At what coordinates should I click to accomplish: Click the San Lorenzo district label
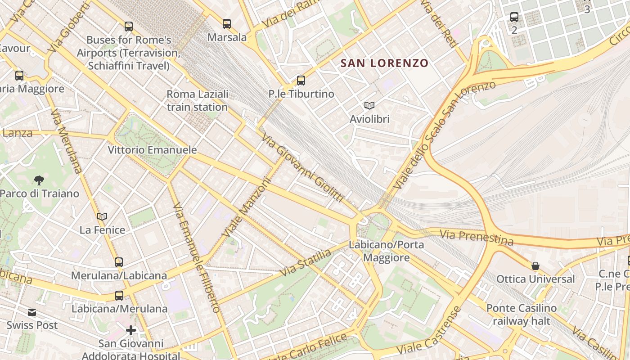pos(384,63)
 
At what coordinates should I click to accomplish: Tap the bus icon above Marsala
pos(227,23)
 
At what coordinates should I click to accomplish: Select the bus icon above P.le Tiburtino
pos(301,81)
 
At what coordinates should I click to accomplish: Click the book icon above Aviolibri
pos(369,106)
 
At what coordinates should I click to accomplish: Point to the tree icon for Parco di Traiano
pos(39,180)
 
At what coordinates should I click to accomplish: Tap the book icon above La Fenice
pos(102,217)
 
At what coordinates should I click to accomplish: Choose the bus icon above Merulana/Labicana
pos(119,262)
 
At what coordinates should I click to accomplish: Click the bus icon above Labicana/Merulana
pos(119,296)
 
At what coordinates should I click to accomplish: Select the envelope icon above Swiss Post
pos(32,312)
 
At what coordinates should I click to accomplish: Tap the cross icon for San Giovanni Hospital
pos(131,331)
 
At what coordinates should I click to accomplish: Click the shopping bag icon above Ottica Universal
pos(535,266)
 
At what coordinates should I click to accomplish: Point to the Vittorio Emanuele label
pos(152,150)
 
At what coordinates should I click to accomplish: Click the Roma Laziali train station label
pos(197,101)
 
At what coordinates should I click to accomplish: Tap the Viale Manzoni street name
pos(247,208)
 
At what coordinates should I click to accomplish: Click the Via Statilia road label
pos(306,263)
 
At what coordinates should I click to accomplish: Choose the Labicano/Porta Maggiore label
pos(386,251)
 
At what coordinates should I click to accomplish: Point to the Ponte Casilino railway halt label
pos(522,315)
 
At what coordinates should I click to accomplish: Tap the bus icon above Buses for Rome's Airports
pos(129,27)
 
